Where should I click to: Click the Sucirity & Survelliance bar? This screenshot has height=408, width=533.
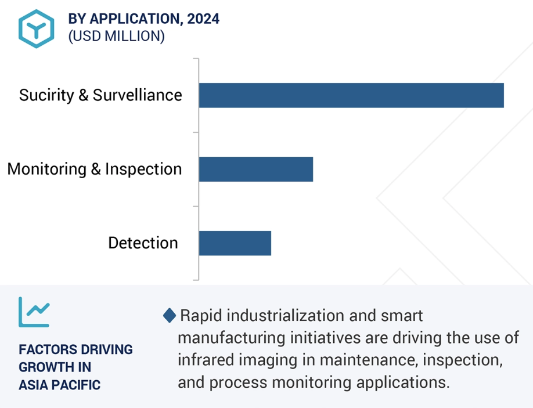(x=351, y=95)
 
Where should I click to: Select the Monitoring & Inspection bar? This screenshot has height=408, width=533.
(x=256, y=169)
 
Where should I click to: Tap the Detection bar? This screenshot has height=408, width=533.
(x=235, y=243)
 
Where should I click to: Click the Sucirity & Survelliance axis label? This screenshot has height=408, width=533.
(x=100, y=95)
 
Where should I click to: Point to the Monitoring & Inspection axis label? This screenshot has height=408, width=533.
(x=95, y=169)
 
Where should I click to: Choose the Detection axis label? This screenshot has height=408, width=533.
(x=143, y=243)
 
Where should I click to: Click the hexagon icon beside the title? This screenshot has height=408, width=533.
(x=36, y=29)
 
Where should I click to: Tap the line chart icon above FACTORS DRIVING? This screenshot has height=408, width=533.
(x=34, y=312)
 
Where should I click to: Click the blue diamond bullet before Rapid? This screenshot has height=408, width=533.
(x=170, y=315)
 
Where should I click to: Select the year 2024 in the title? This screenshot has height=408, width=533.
(x=203, y=19)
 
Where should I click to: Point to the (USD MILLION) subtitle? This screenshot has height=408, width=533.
(x=117, y=36)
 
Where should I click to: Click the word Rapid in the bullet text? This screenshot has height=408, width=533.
(x=201, y=316)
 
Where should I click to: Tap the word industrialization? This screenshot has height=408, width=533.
(x=286, y=316)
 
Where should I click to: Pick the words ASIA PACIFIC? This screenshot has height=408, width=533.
(x=59, y=385)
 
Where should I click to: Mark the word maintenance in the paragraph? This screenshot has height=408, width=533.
(x=369, y=360)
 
